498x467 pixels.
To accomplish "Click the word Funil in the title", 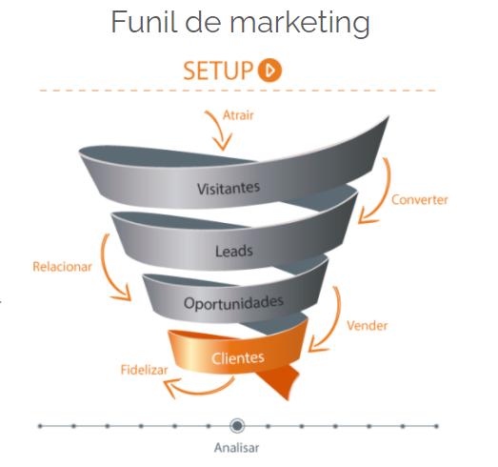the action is (x=144, y=22).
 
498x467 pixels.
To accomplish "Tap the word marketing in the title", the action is (x=300, y=24).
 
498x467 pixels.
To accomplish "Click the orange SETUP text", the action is (x=218, y=71).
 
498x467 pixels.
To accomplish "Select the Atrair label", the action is (x=238, y=115).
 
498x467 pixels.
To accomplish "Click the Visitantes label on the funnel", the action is (x=229, y=188).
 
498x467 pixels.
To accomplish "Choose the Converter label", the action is (x=420, y=199).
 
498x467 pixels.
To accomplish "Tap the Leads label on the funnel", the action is (x=234, y=251).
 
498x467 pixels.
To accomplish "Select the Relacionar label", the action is (x=62, y=267).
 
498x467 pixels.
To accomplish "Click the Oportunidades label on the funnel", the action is (x=233, y=303).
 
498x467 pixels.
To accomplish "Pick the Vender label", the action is (x=368, y=326).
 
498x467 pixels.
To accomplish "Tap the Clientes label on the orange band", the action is (x=238, y=358).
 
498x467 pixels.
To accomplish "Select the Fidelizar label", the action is (x=144, y=370).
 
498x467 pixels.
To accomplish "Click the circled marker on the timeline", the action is (x=237, y=426).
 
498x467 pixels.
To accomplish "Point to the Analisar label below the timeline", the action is (x=236, y=448).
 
